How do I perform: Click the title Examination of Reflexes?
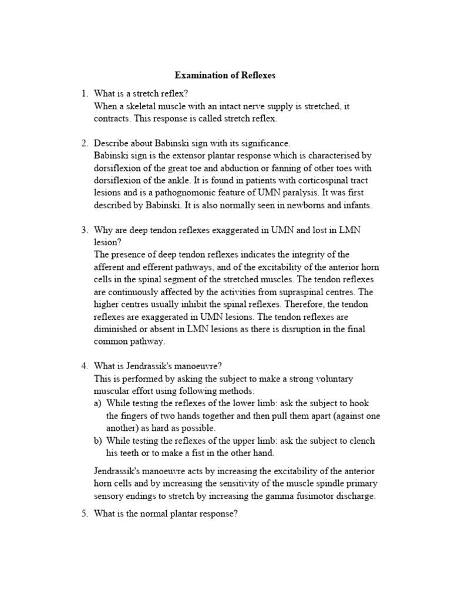coord(225,76)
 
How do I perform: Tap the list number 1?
coord(84,94)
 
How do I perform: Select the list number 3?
coord(84,231)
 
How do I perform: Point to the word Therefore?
coord(277,304)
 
